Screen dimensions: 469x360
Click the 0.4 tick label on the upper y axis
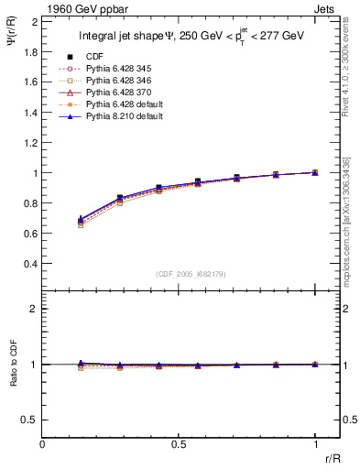pos(31,264)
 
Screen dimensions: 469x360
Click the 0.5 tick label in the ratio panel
pos(31,420)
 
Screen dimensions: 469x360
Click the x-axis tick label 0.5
pos(178,444)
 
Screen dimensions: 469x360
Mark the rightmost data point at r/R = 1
pos(315,172)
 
